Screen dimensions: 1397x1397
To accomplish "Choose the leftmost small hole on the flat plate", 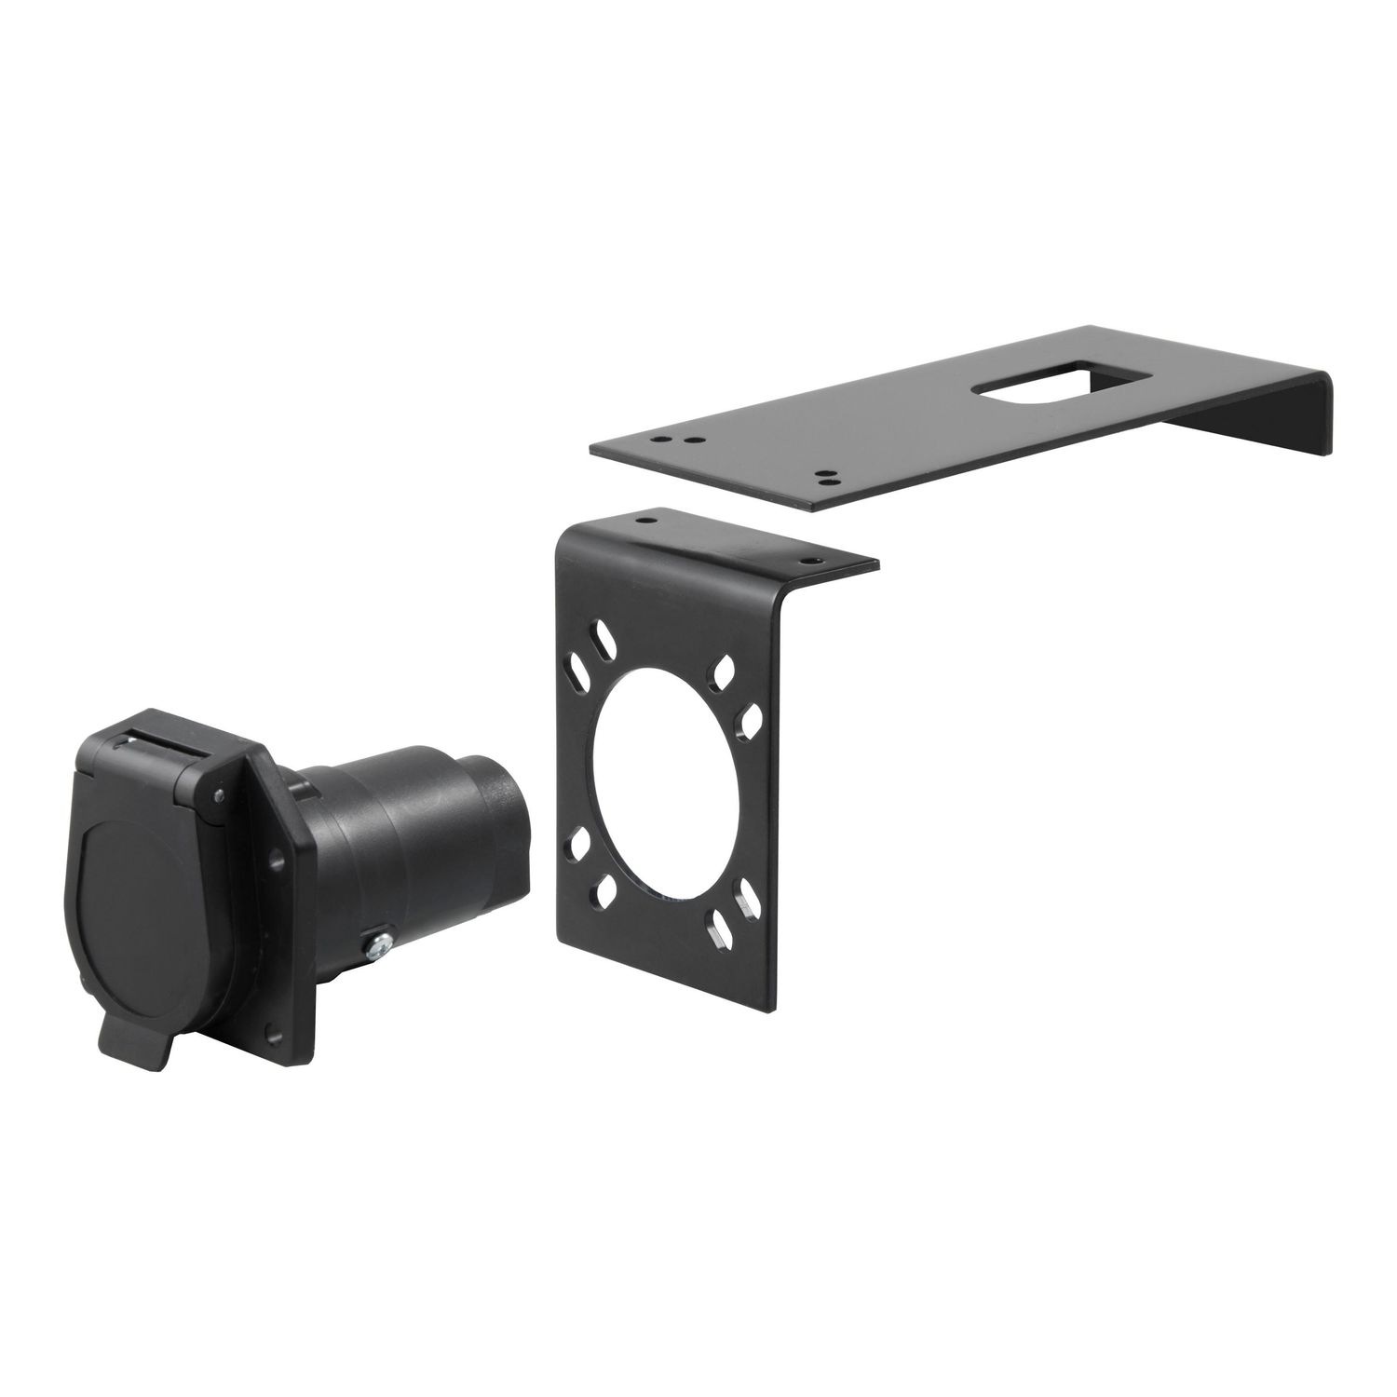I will (x=660, y=434).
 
